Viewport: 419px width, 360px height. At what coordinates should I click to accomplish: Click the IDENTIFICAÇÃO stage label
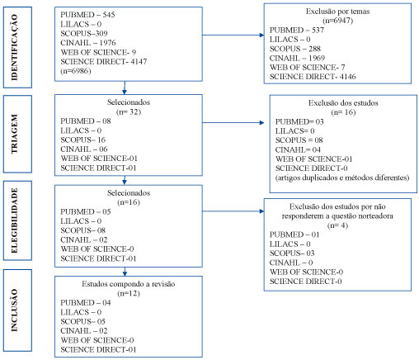pos(15,47)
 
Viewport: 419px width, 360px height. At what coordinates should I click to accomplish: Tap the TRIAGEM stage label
pos(15,134)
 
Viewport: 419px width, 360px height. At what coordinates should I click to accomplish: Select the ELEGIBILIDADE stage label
pos(15,220)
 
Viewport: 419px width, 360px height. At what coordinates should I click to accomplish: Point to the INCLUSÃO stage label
pos(15,310)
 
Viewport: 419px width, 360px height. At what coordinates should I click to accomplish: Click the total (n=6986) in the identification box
pos(76,71)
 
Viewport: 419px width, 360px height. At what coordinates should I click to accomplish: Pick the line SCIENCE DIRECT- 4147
pos(104,61)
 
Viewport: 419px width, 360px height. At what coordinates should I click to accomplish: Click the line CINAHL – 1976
pos(88,43)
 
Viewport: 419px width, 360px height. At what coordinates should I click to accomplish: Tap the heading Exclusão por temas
pos(337,12)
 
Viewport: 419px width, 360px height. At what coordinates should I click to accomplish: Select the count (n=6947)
pos(337,21)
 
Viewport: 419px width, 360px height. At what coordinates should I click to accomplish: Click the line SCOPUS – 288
pos(295,49)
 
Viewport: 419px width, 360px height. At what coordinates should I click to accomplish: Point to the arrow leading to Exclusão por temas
pos(233,35)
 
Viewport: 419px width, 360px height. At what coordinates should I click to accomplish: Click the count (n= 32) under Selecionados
pos(129,111)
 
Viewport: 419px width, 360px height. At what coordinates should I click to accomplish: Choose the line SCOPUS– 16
pos(83,140)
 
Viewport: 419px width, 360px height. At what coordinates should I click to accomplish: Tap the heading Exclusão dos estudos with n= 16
pos(343,103)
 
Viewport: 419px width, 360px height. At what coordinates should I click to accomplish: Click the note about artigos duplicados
pos(342,178)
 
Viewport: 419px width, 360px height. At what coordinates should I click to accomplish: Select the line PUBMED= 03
pos(299,121)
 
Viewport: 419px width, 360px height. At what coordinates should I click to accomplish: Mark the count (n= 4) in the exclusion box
pos(337,225)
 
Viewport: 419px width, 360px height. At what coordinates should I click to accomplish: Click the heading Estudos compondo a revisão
pos(129,284)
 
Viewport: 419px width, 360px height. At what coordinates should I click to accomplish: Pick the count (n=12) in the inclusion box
pos(129,293)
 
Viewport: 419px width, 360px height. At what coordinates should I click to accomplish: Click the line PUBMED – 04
pos(86,303)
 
